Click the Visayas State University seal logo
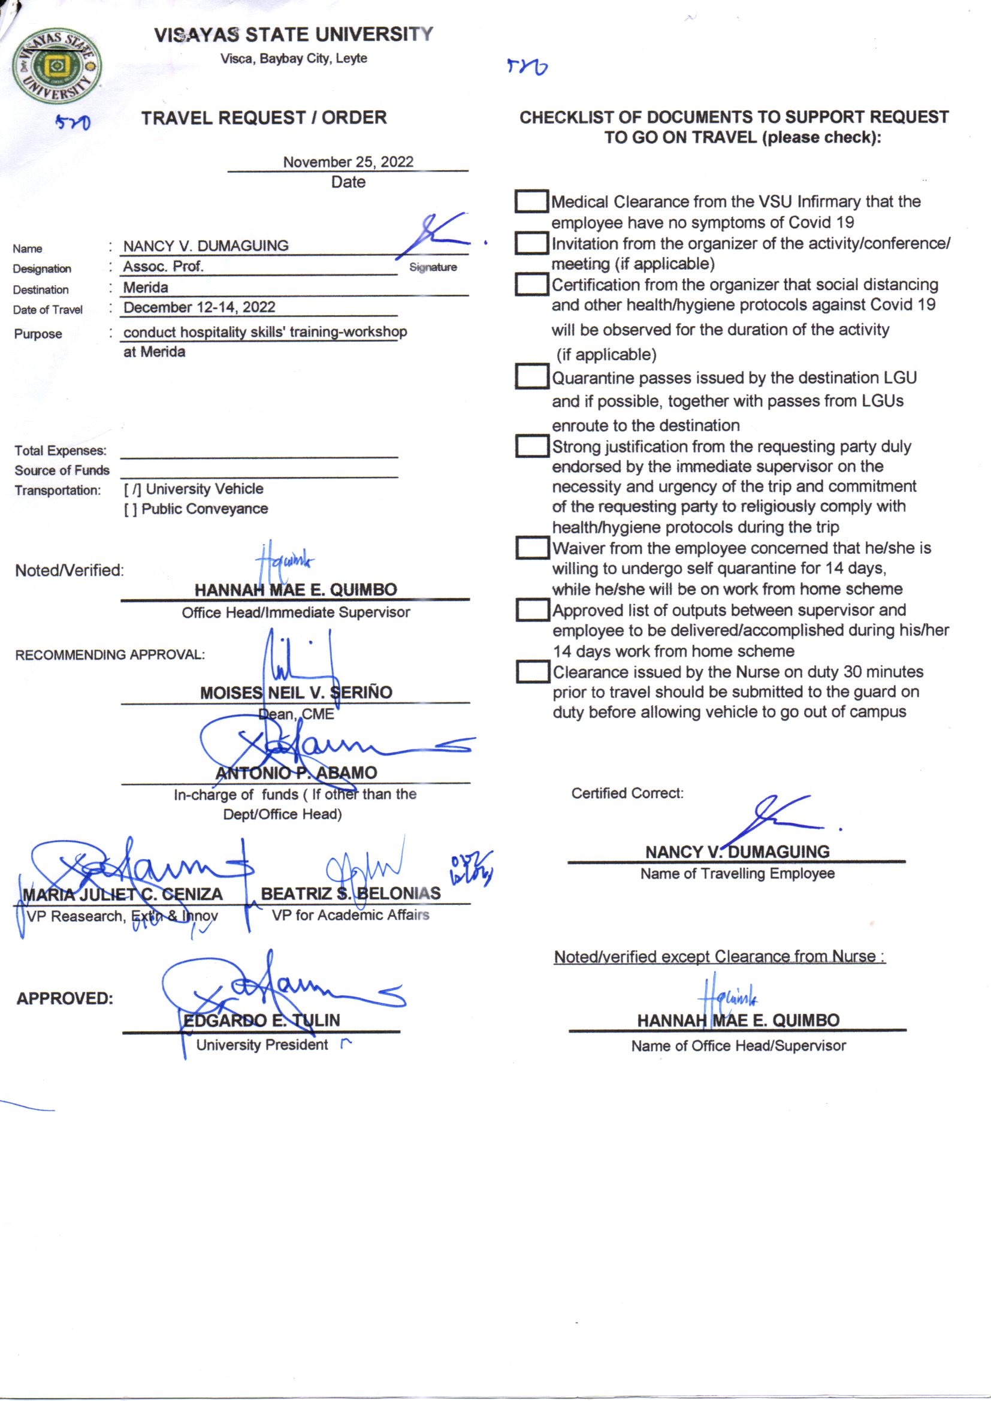(57, 65)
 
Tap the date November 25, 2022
(348, 162)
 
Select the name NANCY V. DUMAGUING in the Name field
(206, 246)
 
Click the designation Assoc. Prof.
(163, 267)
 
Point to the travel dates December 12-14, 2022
(199, 307)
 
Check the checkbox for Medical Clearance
(531, 202)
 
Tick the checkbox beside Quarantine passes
(531, 376)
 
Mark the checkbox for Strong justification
(531, 446)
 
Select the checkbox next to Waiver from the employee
(531, 547)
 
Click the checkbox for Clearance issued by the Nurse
(531, 672)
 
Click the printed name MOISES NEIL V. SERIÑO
(296, 693)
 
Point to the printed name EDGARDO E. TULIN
(262, 1020)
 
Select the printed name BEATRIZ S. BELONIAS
(351, 893)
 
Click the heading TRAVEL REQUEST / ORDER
(264, 118)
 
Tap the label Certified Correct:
(627, 793)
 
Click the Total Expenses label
(60, 451)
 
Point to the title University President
(262, 1044)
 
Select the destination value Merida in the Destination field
(146, 288)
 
